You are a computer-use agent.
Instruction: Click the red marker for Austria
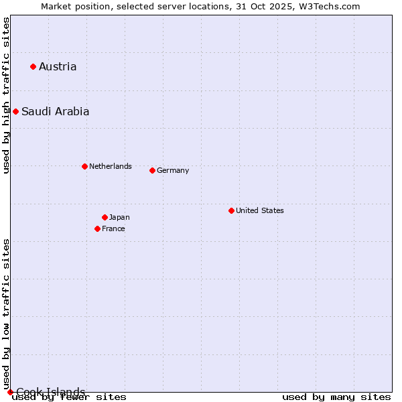[x=33, y=66]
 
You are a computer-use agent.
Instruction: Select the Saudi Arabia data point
[x=15, y=111]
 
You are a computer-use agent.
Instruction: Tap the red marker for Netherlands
[x=84, y=166]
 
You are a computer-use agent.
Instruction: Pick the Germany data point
[x=152, y=170]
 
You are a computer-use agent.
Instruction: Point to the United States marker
[x=231, y=210]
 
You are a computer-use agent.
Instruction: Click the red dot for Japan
[x=105, y=217]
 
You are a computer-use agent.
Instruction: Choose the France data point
[x=97, y=228]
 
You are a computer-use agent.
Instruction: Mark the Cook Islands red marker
[x=10, y=392]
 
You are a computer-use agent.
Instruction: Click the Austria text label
[x=58, y=66]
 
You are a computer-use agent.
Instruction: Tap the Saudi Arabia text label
[x=55, y=111]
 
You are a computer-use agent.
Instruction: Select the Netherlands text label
[x=110, y=166]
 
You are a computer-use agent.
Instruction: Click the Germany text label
[x=173, y=170]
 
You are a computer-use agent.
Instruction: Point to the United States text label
[x=259, y=210]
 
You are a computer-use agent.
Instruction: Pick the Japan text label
[x=119, y=217]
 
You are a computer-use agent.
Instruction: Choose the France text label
[x=113, y=228]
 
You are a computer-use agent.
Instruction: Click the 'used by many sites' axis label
[x=336, y=397]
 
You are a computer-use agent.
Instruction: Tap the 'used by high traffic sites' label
[x=7, y=95]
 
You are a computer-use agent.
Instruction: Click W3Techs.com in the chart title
[x=329, y=6]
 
